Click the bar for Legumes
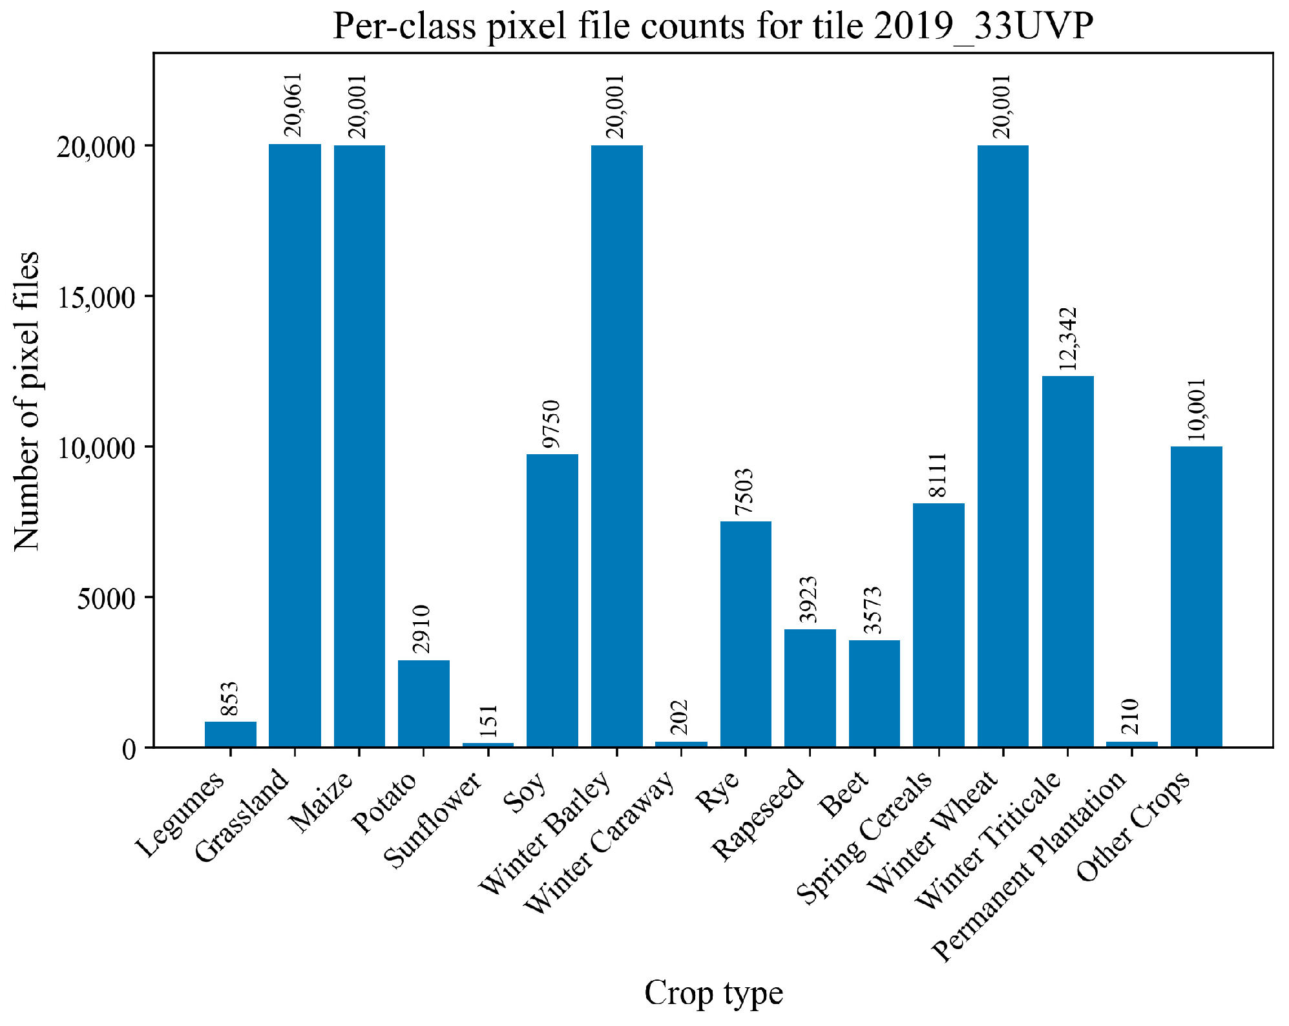(x=231, y=735)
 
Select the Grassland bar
(x=295, y=446)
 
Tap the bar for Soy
(x=552, y=601)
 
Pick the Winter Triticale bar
(x=1067, y=561)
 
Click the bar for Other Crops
(x=1196, y=597)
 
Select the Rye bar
(x=746, y=634)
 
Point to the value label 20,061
(x=293, y=105)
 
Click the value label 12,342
(x=1067, y=339)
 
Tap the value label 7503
(x=744, y=491)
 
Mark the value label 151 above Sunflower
(x=488, y=720)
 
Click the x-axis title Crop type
(x=713, y=993)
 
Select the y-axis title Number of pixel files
(x=26, y=401)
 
